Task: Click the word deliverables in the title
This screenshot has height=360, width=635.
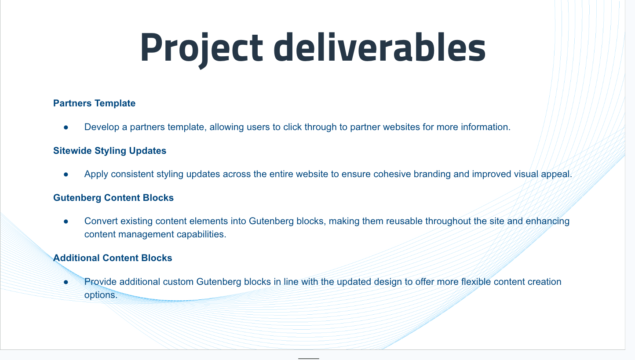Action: pyautogui.click(x=380, y=47)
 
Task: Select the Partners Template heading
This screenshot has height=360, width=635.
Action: pyautogui.click(x=94, y=103)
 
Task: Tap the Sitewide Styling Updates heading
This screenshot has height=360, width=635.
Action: pyautogui.click(x=109, y=151)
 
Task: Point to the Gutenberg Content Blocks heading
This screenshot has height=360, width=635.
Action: pyautogui.click(x=113, y=197)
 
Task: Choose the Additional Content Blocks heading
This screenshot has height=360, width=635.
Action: pyautogui.click(x=113, y=258)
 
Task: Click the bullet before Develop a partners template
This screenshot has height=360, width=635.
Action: pyautogui.click(x=66, y=127)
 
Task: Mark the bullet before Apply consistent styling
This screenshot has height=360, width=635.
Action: pyautogui.click(x=66, y=175)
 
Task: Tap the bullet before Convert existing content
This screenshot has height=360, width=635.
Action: pyautogui.click(x=66, y=222)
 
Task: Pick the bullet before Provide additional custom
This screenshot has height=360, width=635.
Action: pyautogui.click(x=66, y=282)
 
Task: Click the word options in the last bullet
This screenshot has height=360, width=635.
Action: pyautogui.click(x=101, y=295)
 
